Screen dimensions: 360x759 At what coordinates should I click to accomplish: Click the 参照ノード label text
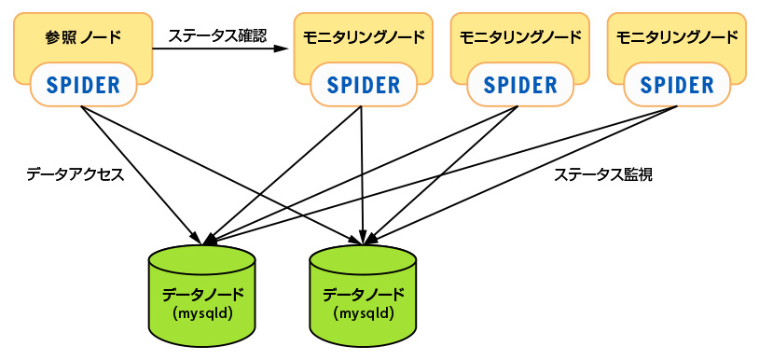click(x=83, y=38)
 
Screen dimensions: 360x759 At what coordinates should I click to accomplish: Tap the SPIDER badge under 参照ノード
click(x=83, y=86)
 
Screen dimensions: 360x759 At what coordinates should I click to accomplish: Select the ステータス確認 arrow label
click(x=217, y=36)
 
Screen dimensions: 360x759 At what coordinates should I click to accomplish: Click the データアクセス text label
click(x=75, y=174)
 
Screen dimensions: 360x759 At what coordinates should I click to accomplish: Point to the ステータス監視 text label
click(x=602, y=174)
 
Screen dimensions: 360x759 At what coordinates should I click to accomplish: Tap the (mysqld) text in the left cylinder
click(x=202, y=312)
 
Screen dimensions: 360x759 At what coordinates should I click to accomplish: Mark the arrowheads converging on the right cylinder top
click(x=366, y=240)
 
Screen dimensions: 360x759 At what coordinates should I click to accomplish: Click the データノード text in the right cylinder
click(x=363, y=294)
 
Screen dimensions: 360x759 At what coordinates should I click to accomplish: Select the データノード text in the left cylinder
click(x=202, y=293)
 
